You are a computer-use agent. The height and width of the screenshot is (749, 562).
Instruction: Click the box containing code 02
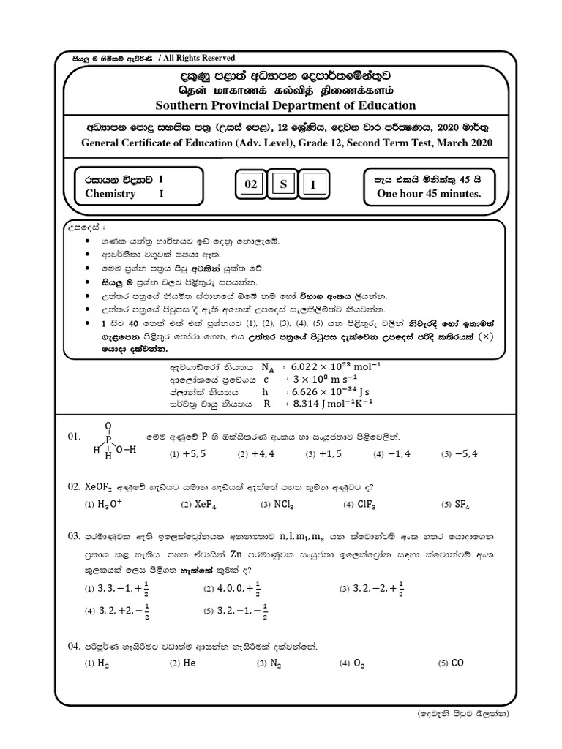(251, 186)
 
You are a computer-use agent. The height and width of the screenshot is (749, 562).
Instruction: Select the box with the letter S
(282, 186)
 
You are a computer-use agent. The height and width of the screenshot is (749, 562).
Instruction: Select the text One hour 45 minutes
(428, 194)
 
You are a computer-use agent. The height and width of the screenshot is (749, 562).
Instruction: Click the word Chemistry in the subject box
(110, 194)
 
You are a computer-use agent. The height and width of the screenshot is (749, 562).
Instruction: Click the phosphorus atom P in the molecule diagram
(109, 440)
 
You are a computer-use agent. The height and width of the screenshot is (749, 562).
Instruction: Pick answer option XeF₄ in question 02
(207, 504)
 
